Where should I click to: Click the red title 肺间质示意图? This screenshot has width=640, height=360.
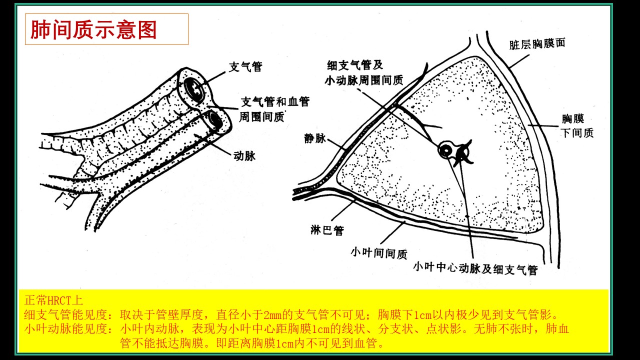93,29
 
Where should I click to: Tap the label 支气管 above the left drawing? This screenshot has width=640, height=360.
245,67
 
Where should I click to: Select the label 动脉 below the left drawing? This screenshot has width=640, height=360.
244,156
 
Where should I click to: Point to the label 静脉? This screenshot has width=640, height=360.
314,138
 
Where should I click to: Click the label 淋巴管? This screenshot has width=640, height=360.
327,230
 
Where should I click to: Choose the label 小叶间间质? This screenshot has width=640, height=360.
379,253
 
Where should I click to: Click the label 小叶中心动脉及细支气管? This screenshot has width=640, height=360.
475,269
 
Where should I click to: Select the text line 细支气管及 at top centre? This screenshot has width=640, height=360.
355,65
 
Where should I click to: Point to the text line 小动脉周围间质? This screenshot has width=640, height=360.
363,80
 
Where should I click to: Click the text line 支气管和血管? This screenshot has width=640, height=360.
275,101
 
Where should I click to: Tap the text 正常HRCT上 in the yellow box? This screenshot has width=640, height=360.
53,300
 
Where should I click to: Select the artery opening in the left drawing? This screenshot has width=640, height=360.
215,121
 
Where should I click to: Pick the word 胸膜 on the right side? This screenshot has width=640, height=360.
573,118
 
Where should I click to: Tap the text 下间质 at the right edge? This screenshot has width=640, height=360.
577,133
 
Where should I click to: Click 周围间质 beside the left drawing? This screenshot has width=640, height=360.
261,117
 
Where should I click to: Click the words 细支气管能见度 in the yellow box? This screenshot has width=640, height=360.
65,314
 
